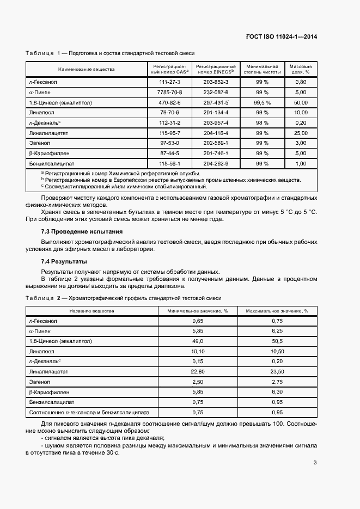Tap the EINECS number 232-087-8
pyautogui.click(x=216, y=92)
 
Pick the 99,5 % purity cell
pyautogui.click(x=262, y=102)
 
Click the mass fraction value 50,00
pyautogui.click(x=301, y=102)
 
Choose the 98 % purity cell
pyautogui.click(x=262, y=122)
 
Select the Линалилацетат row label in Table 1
pyautogui.click(x=50, y=133)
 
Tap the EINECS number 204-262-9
pyautogui.click(x=216, y=163)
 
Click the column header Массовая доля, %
pyautogui.click(x=301, y=69)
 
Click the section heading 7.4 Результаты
pyautogui.click(x=64, y=262)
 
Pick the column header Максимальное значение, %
pyautogui.click(x=277, y=311)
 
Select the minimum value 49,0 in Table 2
pyautogui.click(x=198, y=341)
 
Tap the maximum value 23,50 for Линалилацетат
pyautogui.click(x=277, y=371)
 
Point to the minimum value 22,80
pyautogui.click(x=198, y=371)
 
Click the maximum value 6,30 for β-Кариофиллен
pyautogui.click(x=277, y=392)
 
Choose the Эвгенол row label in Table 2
pyautogui.click(x=39, y=382)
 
